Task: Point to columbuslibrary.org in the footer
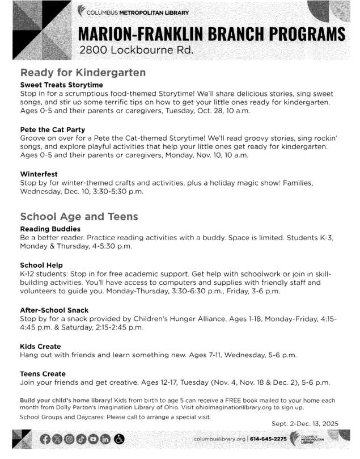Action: pos(219,440)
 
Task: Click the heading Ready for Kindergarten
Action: pos(83,73)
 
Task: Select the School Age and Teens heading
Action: pos(79,217)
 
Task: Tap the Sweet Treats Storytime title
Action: pos(62,85)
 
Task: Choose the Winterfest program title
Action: pos(39,174)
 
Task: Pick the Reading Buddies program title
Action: pos(49,229)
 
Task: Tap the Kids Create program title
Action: pos(40,346)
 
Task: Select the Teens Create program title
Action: pos(43,374)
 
